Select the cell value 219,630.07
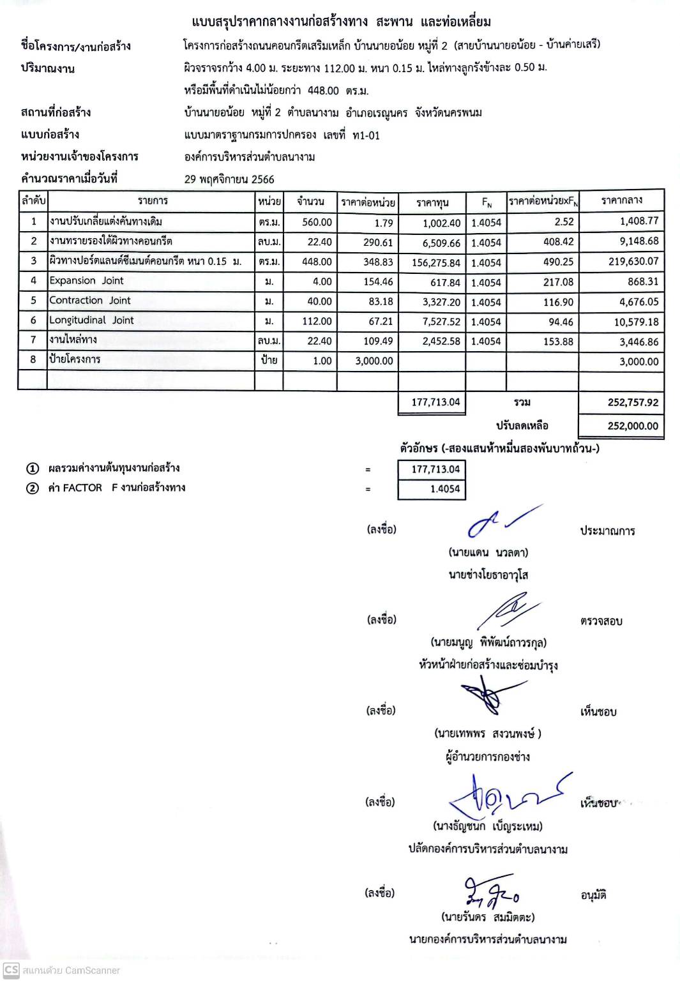(628, 261)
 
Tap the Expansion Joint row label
(87, 280)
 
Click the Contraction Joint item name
(90, 300)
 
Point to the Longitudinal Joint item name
(92, 320)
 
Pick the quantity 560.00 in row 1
(317, 222)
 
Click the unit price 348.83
(378, 262)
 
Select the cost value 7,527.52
(441, 322)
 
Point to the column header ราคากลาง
(621, 200)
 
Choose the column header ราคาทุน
(432, 202)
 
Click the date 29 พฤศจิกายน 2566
(229, 179)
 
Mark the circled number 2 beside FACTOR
(33, 488)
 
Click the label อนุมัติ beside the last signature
(593, 895)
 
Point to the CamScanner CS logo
(11, 970)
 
